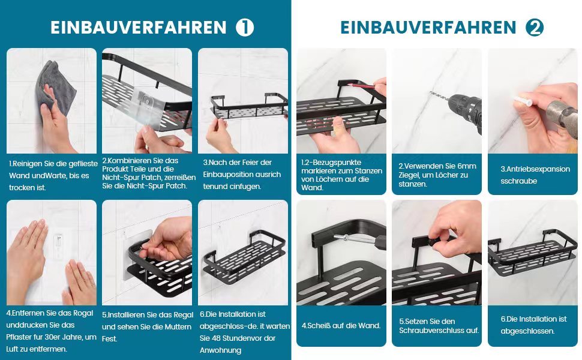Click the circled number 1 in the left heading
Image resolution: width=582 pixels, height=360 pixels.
pyautogui.click(x=245, y=28)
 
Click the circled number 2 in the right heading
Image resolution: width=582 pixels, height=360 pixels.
pyautogui.click(x=535, y=28)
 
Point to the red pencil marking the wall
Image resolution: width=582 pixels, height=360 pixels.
pyautogui.click(x=362, y=86)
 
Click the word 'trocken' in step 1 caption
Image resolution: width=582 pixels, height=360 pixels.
pyautogui.click(x=22, y=188)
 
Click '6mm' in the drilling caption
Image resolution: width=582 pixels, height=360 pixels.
pyautogui.click(x=466, y=166)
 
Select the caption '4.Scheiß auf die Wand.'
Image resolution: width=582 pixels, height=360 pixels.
pyautogui.click(x=341, y=325)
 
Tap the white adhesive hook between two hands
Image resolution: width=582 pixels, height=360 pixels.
pyautogui.click(x=59, y=244)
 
